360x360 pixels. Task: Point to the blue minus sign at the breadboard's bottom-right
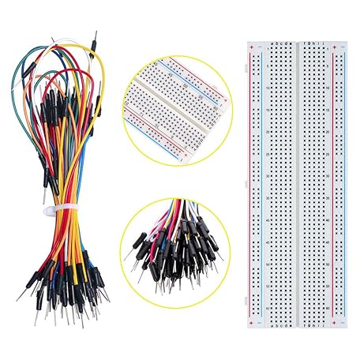coord(341,322)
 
